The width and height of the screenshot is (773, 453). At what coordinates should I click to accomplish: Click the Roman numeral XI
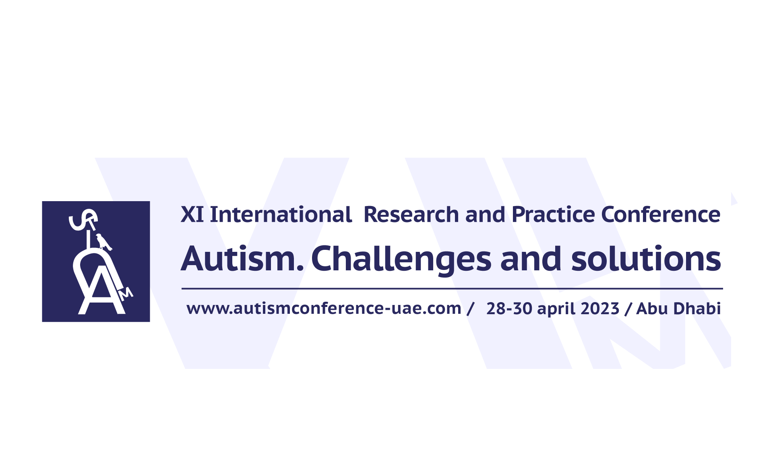[192, 214]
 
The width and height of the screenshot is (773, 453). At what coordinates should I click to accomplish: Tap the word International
[281, 214]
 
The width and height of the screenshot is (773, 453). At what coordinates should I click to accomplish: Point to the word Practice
[553, 214]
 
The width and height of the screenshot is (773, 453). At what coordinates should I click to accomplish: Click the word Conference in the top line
[661, 214]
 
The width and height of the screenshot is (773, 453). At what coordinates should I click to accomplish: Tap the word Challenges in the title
[401, 260]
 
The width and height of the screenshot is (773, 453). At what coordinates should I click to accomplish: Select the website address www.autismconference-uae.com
[324, 309]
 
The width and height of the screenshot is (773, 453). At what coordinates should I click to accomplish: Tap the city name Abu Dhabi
[678, 309]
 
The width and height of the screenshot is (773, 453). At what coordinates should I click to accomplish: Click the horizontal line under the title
[452, 288]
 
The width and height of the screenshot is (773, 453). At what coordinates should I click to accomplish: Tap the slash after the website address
[470, 309]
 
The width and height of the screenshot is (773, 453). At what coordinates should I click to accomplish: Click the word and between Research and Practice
[485, 214]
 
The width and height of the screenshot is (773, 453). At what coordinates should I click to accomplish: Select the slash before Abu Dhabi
[628, 309]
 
